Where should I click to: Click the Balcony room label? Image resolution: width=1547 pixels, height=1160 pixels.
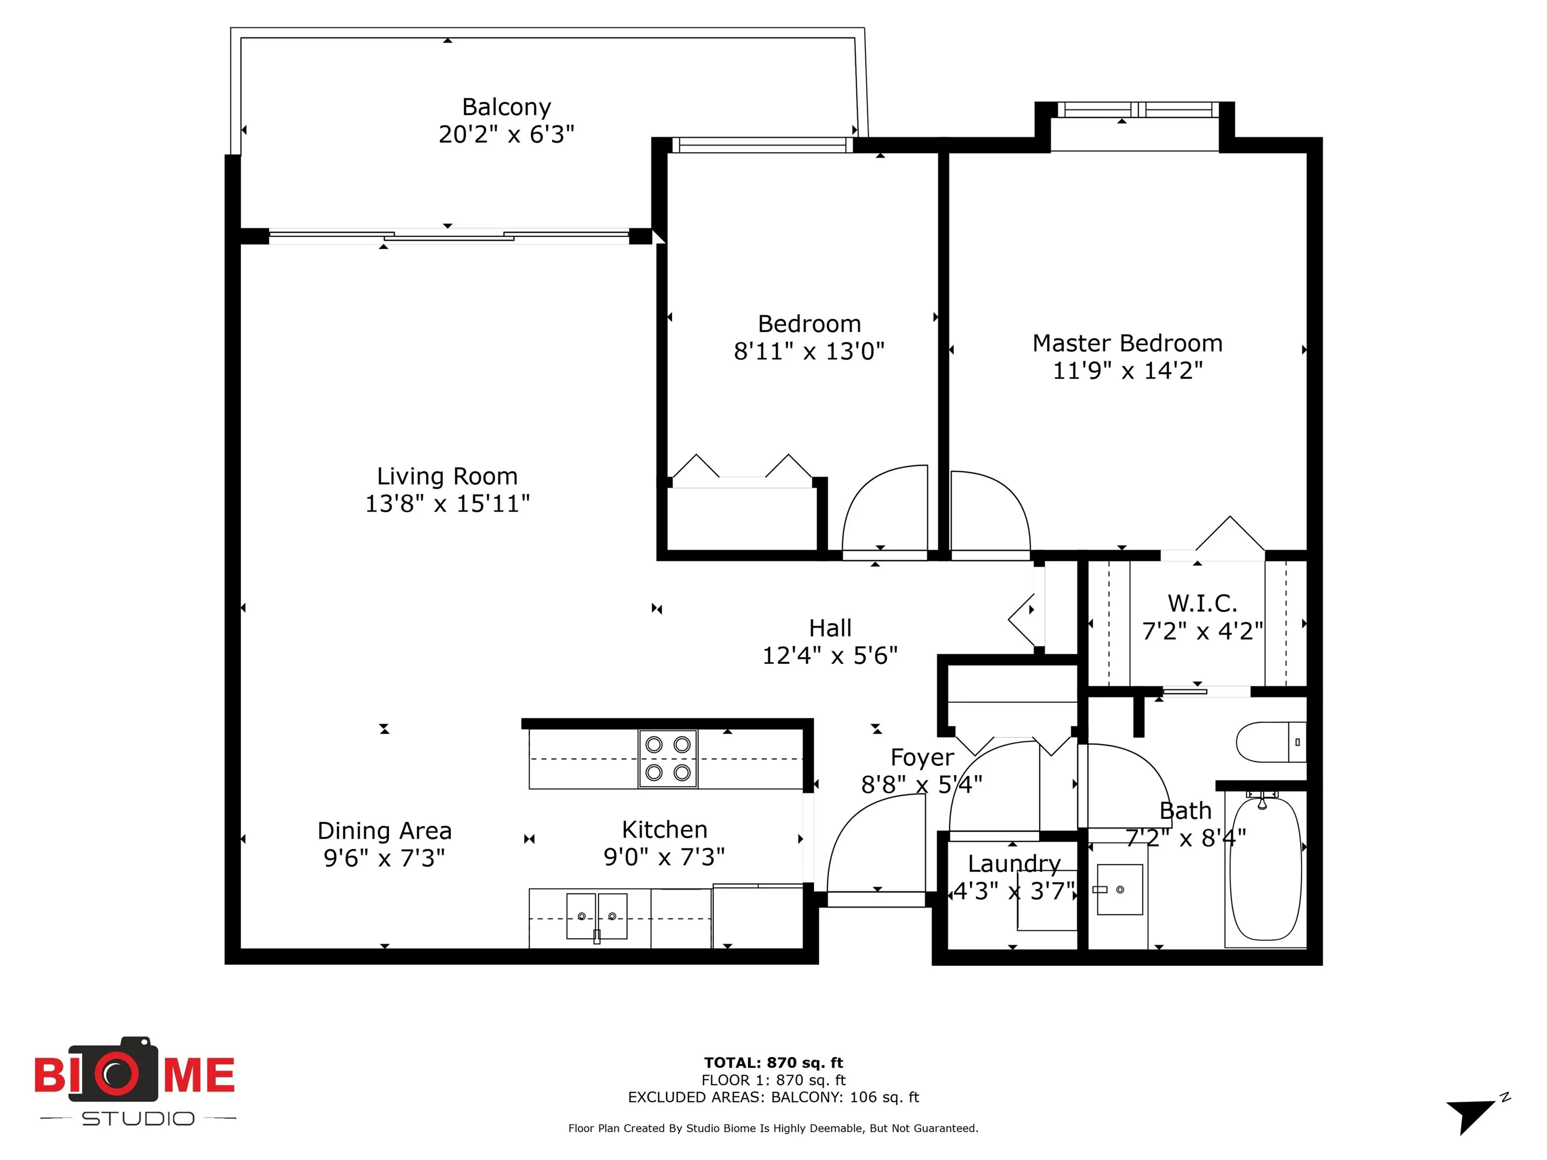506,107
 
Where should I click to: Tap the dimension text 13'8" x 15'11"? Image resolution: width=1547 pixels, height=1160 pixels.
447,503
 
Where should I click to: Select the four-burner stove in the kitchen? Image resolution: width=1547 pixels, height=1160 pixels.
667,759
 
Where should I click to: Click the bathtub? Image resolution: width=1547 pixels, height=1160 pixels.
1265,869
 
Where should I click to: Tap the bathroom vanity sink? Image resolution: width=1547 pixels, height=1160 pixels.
1119,889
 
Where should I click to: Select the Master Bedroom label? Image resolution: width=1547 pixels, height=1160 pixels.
1127,343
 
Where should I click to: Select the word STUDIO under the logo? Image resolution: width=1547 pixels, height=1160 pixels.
138,1119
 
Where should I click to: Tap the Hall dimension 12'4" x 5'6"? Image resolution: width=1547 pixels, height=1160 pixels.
829,656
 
